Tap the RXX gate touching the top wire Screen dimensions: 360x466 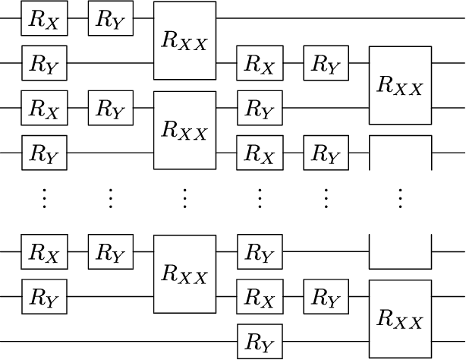(x=184, y=40)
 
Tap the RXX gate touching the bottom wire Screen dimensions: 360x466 (x=400, y=319)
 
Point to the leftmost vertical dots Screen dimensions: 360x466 (x=45, y=199)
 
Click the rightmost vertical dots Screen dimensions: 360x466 (x=400, y=199)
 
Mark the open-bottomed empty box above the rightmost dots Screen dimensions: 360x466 (x=400, y=153)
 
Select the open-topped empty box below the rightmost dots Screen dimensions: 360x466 (x=400, y=251)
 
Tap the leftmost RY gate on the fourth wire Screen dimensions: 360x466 (x=45, y=153)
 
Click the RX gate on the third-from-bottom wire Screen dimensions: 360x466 (x=45, y=250)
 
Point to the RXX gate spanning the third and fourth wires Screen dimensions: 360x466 (x=184, y=130)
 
